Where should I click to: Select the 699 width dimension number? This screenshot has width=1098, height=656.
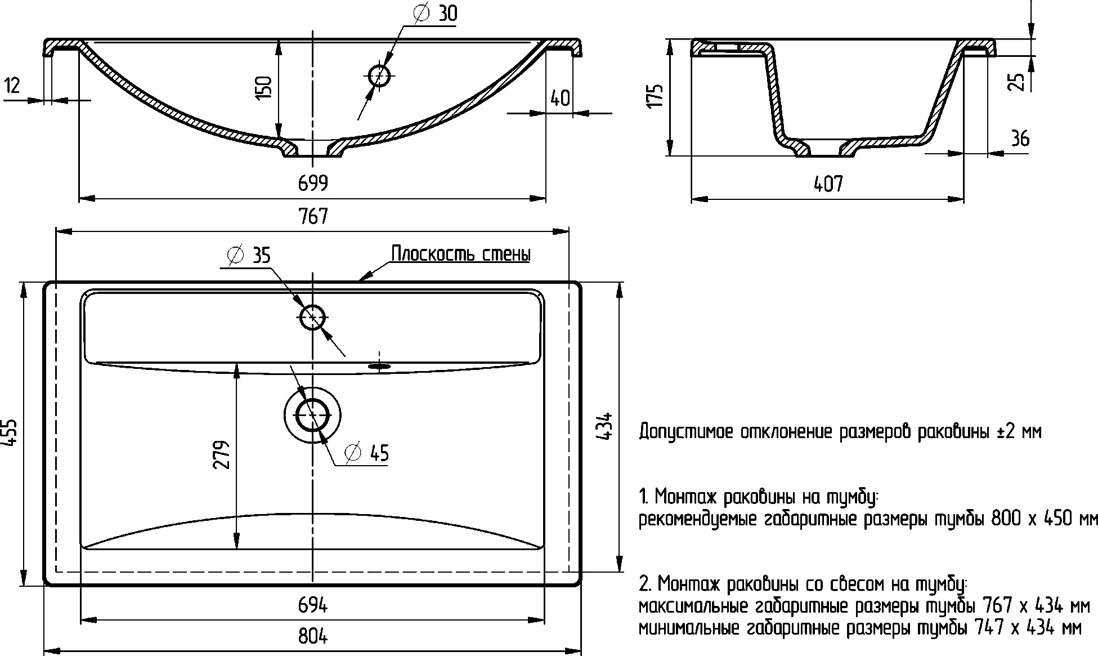(x=313, y=183)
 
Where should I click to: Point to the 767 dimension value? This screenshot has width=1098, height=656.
(x=313, y=216)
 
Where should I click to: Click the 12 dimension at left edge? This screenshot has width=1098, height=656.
(x=12, y=86)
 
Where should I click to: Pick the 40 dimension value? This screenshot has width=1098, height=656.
(x=559, y=98)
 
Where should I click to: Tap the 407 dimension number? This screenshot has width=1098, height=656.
(x=828, y=184)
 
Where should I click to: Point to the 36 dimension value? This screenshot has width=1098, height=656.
(x=1019, y=139)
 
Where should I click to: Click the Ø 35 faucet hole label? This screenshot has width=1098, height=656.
(x=249, y=255)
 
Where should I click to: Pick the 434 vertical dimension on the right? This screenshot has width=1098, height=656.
(x=604, y=426)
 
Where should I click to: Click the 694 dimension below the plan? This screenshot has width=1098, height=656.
(x=313, y=605)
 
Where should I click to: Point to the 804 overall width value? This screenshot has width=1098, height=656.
(x=313, y=636)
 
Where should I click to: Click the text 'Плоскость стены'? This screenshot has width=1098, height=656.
(x=460, y=255)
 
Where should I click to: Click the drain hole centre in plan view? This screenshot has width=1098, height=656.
(x=312, y=414)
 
